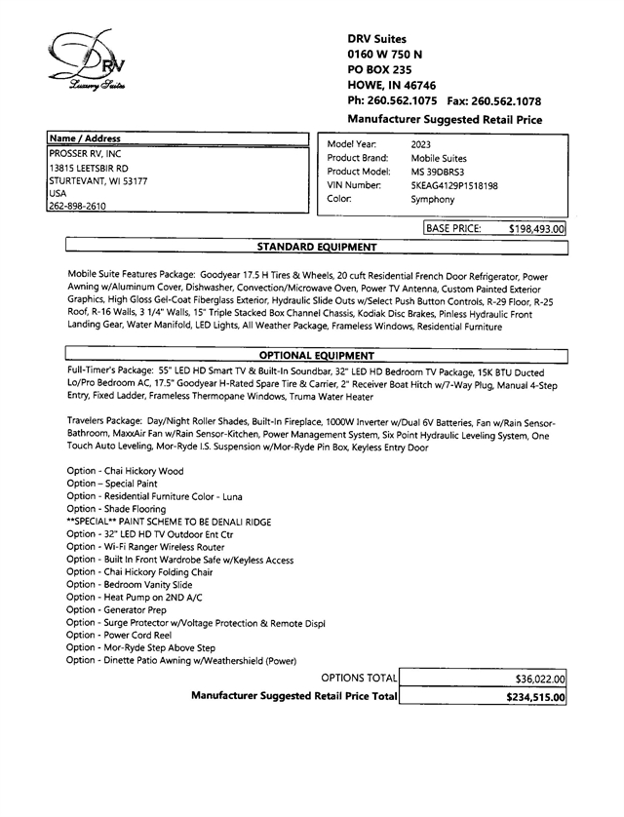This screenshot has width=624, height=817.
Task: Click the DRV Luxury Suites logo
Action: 87,62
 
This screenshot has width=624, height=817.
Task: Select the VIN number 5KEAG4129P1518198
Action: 454,184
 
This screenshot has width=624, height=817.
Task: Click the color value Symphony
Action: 433,198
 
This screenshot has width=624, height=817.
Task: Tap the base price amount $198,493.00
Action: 537,229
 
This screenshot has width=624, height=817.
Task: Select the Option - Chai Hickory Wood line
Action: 125,471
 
